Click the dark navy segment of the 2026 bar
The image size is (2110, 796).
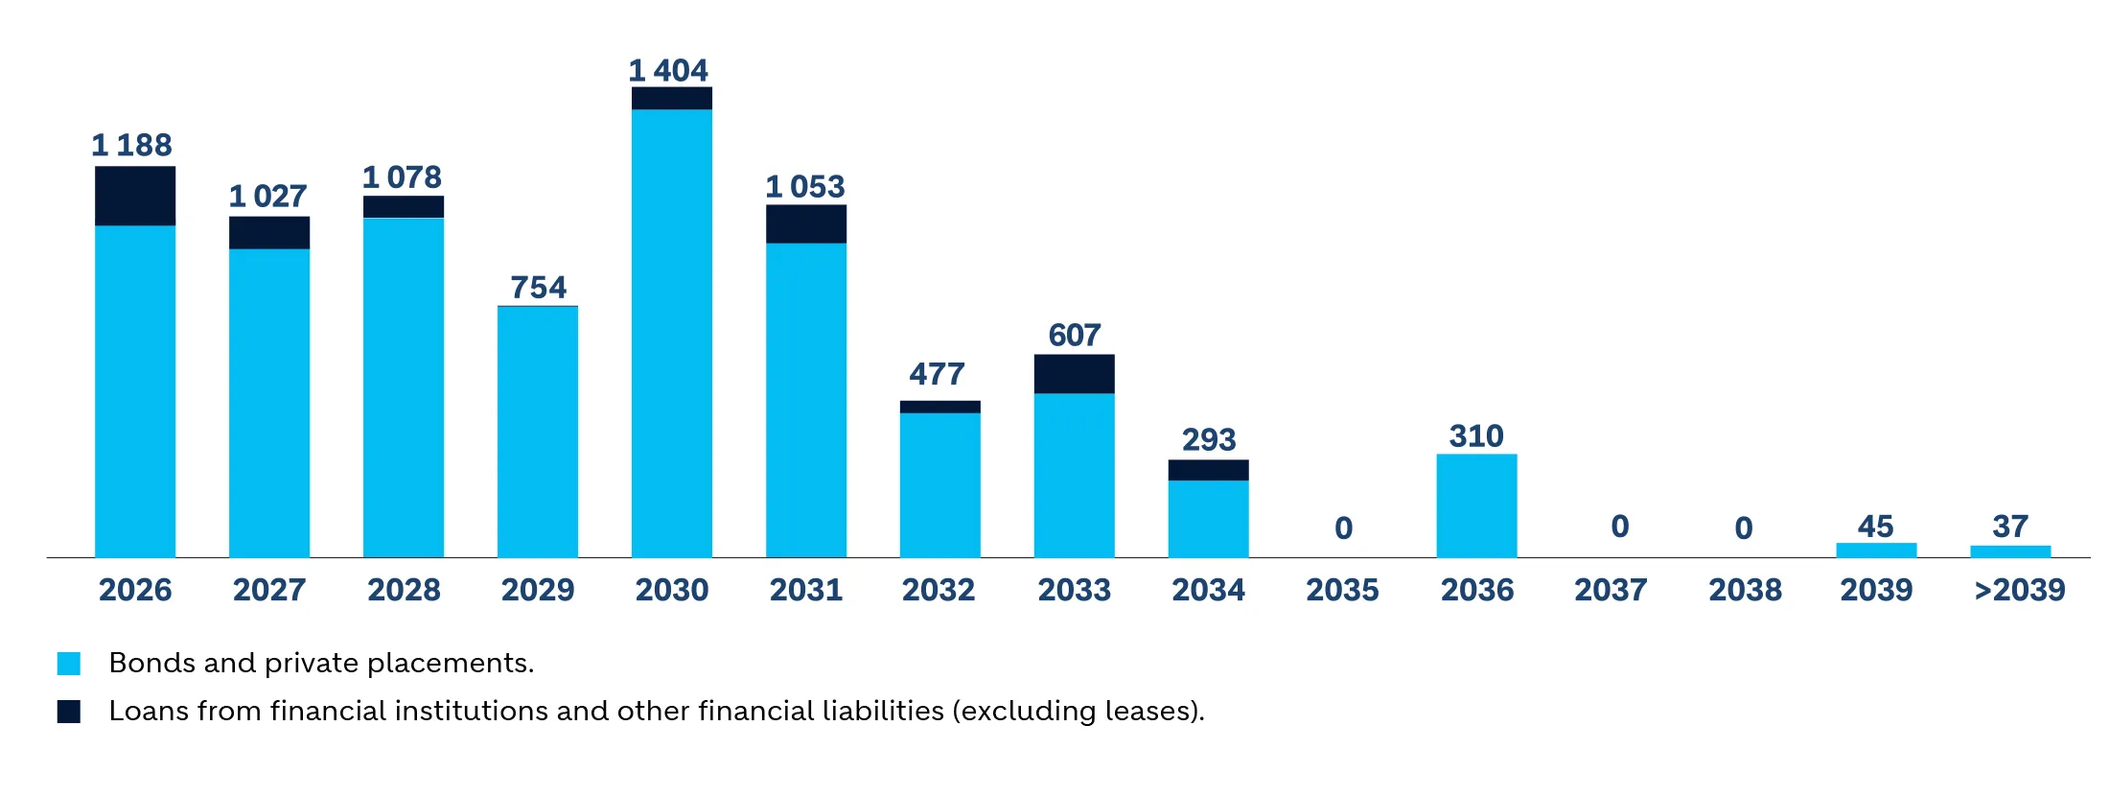tap(135, 196)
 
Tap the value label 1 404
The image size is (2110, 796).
tap(668, 70)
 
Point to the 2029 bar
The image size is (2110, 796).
tap(538, 432)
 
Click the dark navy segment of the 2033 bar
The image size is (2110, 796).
tap(1074, 374)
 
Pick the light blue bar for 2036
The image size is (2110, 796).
tap(1476, 505)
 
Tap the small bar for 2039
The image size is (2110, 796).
tap(1876, 550)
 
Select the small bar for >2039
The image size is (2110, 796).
tap(2010, 550)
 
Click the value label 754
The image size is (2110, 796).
tap(538, 287)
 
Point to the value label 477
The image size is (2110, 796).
tap(937, 373)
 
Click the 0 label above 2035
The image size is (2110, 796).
tap(1343, 527)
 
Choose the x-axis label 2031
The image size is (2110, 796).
tap(806, 589)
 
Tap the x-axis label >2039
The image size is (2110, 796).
tap(2019, 589)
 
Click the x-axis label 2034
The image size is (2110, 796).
tap(1208, 589)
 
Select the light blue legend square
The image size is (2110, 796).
tap(69, 663)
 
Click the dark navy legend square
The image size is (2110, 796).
tap(69, 711)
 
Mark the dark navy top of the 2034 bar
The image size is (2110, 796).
tap(1208, 470)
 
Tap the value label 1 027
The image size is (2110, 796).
tap(267, 196)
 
